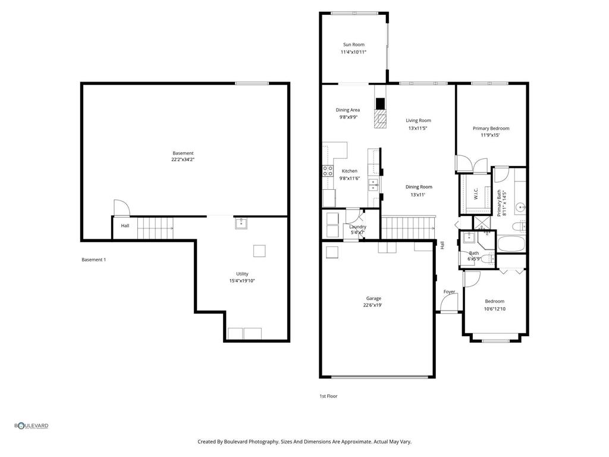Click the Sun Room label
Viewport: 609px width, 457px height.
pyautogui.click(x=353, y=45)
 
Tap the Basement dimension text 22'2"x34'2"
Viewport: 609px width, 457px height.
pyautogui.click(x=183, y=160)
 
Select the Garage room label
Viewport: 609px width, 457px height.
pyautogui.click(x=373, y=298)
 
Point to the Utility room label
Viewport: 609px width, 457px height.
pyautogui.click(x=242, y=274)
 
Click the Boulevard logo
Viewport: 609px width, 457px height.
pyautogui.click(x=32, y=425)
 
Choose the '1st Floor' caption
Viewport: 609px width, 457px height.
pyautogui.click(x=328, y=396)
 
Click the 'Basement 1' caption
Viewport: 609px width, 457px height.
pyautogui.click(x=93, y=259)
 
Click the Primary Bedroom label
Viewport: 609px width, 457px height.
pyautogui.click(x=491, y=128)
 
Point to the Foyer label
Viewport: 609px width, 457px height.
pyautogui.click(x=449, y=292)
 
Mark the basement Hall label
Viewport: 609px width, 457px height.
pyautogui.click(x=125, y=226)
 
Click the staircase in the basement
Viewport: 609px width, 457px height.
pyautogui.click(x=156, y=228)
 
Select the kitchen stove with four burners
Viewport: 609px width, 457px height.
pyautogui.click(x=328, y=173)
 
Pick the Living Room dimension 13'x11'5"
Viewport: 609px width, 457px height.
pyautogui.click(x=418, y=128)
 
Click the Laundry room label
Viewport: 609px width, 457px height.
pyautogui.click(x=357, y=227)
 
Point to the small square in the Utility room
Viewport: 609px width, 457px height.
pyautogui.click(x=259, y=251)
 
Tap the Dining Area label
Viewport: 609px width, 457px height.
pyautogui.click(x=347, y=109)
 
